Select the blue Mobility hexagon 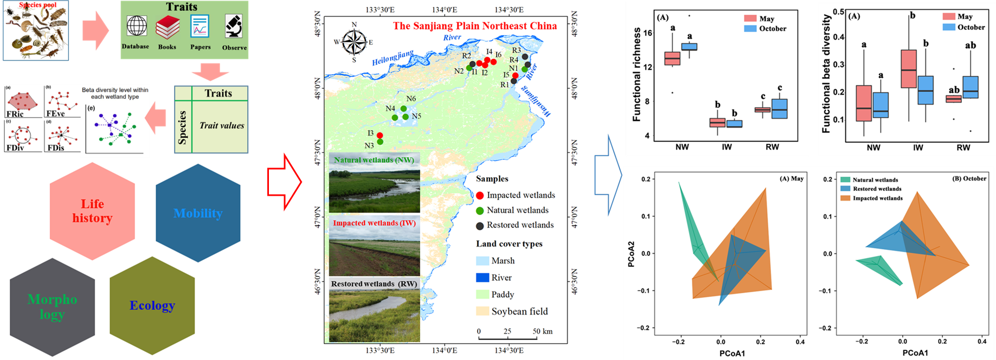tap(198, 213)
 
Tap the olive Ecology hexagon tap(152, 305)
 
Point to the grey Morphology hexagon tap(53, 306)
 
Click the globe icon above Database tap(137, 26)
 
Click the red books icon tap(168, 27)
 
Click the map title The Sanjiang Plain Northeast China tap(474, 25)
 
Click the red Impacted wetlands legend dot tap(479, 195)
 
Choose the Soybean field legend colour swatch tap(483, 311)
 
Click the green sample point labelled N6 tap(403, 108)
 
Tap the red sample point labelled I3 tap(380, 136)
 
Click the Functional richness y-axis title tap(637, 74)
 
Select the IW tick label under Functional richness tap(727, 147)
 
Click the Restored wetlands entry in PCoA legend tap(877, 189)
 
